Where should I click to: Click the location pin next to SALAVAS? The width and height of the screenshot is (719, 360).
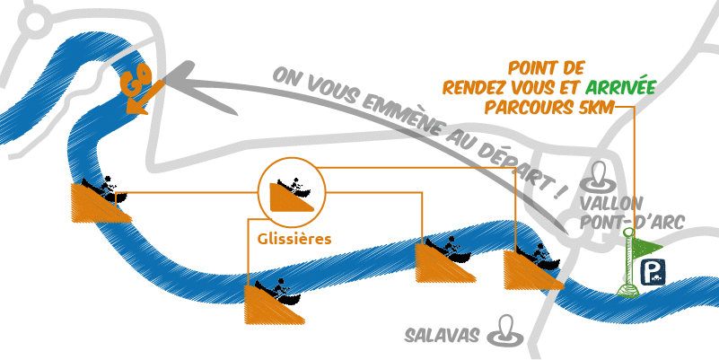pyautogui.click(x=506, y=331)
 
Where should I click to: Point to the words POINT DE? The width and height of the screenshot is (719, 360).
pyautogui.click(x=547, y=68)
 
